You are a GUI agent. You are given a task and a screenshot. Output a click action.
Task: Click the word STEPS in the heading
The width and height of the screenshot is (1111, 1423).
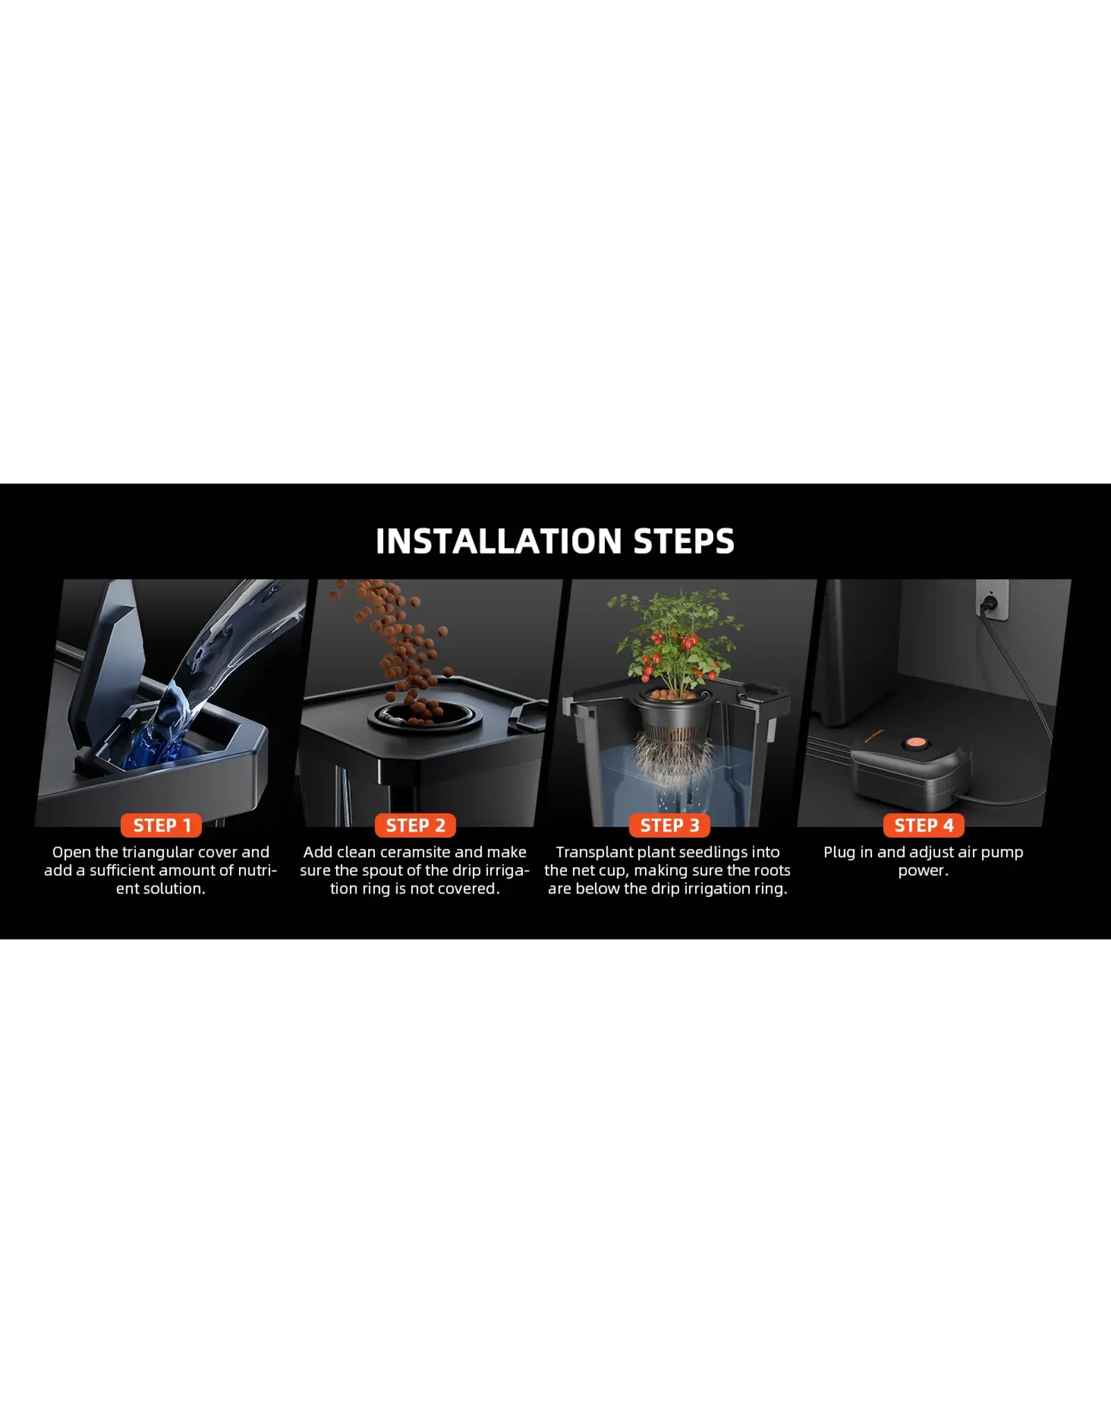(x=684, y=541)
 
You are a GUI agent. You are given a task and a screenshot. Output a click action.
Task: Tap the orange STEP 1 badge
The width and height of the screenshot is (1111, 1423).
(x=162, y=825)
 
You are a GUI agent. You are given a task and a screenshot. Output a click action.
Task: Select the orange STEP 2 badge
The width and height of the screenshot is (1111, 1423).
(x=415, y=825)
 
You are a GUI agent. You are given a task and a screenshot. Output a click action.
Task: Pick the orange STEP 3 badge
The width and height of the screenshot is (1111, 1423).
(x=669, y=825)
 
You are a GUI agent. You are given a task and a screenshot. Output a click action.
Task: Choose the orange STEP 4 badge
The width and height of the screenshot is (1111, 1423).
(x=924, y=825)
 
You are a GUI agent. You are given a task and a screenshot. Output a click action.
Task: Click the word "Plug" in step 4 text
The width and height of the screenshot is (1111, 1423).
(x=839, y=853)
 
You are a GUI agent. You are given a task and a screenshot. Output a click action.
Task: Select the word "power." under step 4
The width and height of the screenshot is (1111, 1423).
(x=923, y=871)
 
